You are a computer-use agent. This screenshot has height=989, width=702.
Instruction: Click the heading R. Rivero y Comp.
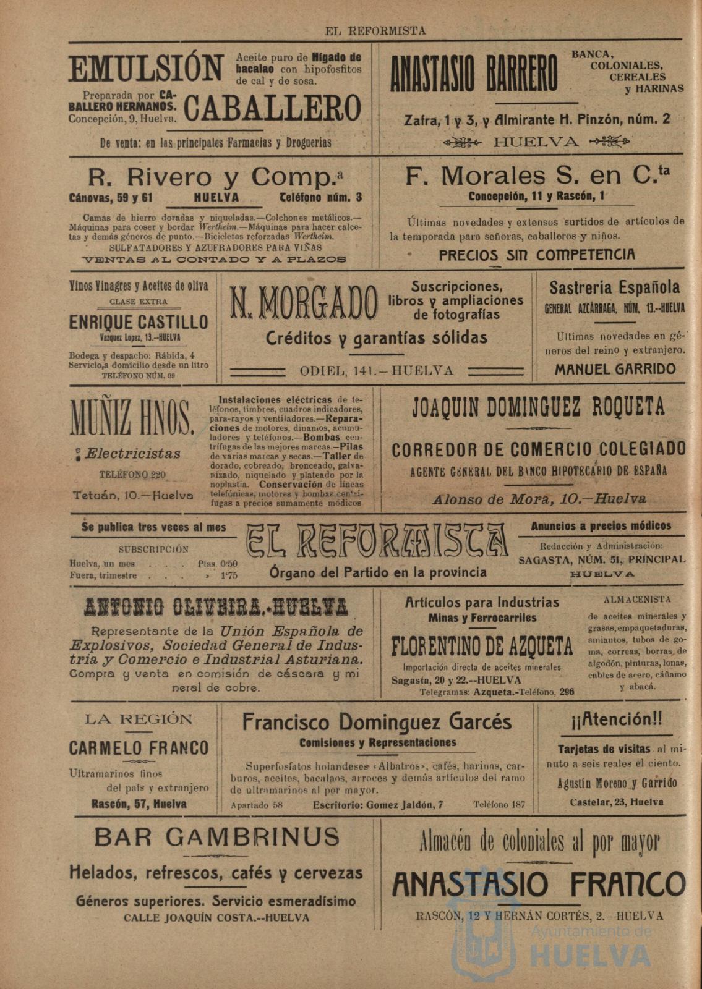coord(215,178)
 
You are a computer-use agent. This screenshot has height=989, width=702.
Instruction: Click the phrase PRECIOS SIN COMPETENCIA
coord(537,255)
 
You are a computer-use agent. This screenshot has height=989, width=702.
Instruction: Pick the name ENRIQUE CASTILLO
coord(139,322)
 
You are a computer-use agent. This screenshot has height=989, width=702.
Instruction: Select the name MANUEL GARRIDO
coord(615,370)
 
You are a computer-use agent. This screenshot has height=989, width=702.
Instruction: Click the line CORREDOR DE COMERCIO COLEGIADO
coord(538,449)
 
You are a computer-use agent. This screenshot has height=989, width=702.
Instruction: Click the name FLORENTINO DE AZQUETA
coord(482,647)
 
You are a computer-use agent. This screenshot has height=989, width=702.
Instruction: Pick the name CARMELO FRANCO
coord(139,748)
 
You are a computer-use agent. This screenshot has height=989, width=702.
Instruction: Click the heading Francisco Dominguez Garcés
coord(377,722)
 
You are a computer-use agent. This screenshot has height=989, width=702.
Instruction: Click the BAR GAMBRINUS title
coord(217,837)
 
